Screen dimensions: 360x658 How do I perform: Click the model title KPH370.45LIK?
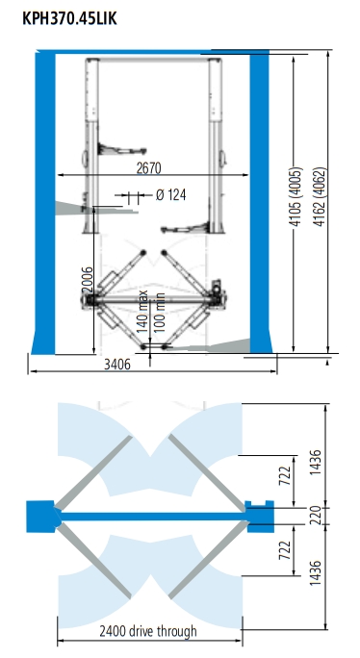point(69,19)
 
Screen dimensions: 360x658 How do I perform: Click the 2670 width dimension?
point(148,167)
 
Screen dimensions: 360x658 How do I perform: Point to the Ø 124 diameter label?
point(170,195)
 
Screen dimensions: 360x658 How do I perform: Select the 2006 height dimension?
point(87,280)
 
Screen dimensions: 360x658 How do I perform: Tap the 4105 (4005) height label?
point(296,197)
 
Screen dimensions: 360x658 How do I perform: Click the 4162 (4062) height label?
point(321,197)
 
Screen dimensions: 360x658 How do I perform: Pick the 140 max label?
point(142,312)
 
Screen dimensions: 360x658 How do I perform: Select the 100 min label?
point(159,313)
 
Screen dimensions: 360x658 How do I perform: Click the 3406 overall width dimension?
point(117,365)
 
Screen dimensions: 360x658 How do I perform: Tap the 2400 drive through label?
point(148,631)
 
